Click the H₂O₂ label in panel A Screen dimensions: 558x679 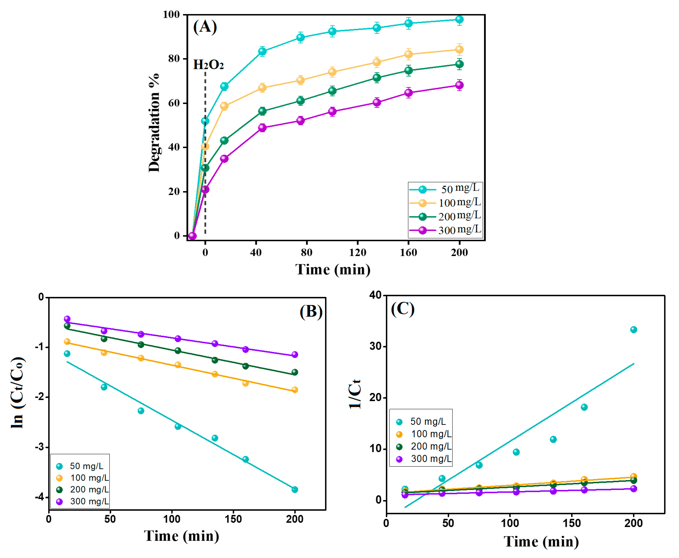coord(208,65)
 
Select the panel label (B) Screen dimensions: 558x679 coord(311,312)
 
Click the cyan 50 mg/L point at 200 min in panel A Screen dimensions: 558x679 coord(459,20)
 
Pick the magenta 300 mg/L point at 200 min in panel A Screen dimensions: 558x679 coord(459,85)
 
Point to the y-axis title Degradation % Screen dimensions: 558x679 coord(154,123)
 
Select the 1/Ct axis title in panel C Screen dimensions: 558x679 coord(355,394)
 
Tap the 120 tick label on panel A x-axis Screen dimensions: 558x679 coord(357,253)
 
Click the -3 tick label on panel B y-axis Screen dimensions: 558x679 coord(41,447)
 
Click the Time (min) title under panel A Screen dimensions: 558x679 coord(333,269)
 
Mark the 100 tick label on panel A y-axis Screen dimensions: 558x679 coord(171,15)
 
